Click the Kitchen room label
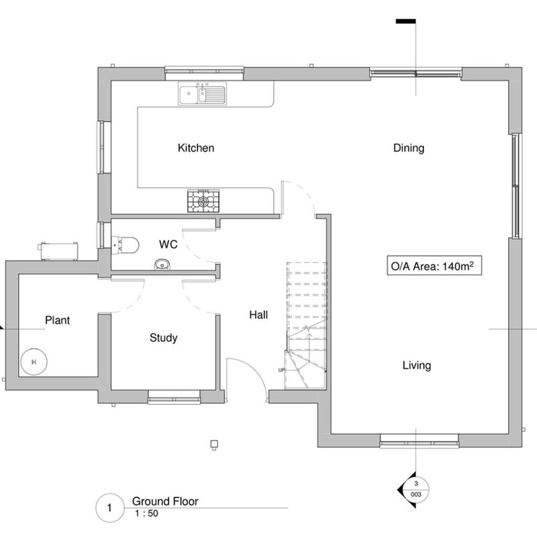pyautogui.click(x=196, y=148)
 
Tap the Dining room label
pyautogui.click(x=409, y=148)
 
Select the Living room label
pyautogui.click(x=416, y=365)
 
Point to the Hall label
pyautogui.click(x=259, y=315)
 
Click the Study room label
pyautogui.click(x=163, y=338)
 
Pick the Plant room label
pyautogui.click(x=57, y=320)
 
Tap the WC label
pyautogui.click(x=168, y=244)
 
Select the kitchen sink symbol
pyautogui.click(x=202, y=94)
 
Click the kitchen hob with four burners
pyautogui.click(x=203, y=201)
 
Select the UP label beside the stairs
pyautogui.click(x=281, y=370)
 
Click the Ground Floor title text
pyautogui.click(x=165, y=501)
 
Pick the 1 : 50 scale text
pyautogui.click(x=146, y=513)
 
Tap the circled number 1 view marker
pyautogui.click(x=109, y=508)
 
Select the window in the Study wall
pyautogui.click(x=174, y=401)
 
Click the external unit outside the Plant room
pyautogui.click(x=60, y=251)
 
